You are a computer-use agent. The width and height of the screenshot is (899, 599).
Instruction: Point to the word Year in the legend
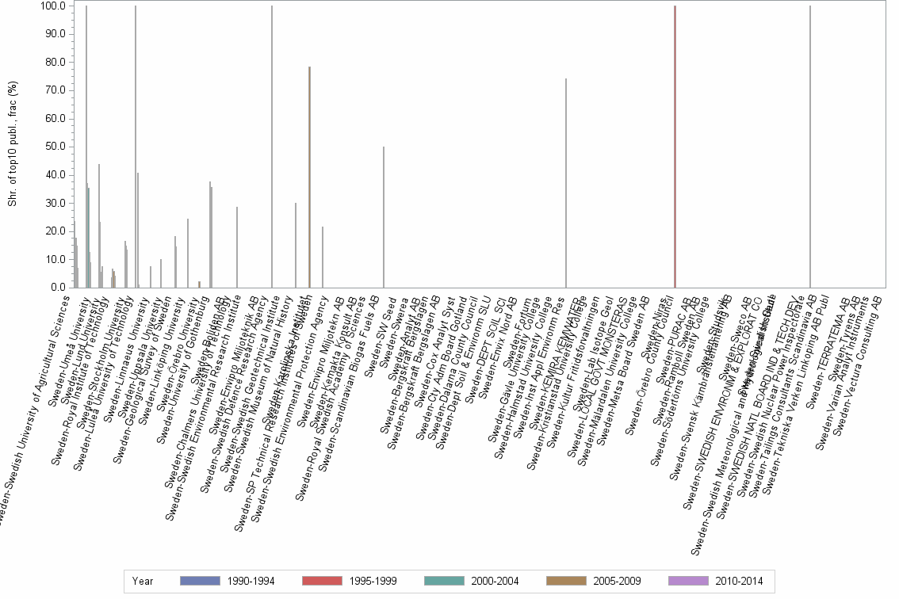(x=143, y=581)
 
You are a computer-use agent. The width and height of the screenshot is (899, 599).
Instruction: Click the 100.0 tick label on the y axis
(x=52, y=6)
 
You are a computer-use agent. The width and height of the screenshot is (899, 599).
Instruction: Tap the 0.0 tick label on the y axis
(x=57, y=288)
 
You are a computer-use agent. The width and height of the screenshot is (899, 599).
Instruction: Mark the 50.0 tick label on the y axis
(x=54, y=147)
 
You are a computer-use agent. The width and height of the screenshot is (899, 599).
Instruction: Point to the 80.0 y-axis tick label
(x=54, y=63)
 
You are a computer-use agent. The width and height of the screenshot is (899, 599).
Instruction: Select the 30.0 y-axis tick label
(x=54, y=203)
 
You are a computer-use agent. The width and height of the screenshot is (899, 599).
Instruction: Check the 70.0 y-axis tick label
(x=54, y=90)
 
